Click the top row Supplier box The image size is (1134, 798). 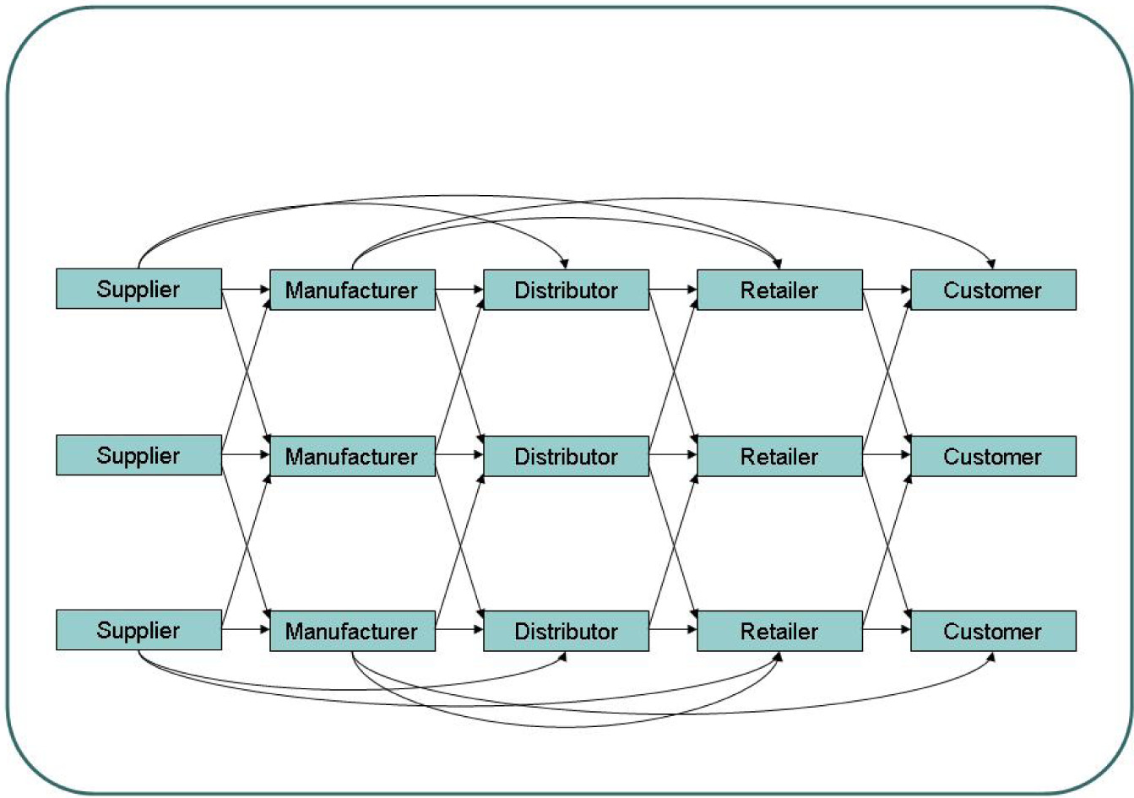(x=138, y=289)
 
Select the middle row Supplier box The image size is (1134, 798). (x=138, y=455)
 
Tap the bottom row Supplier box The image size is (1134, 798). (x=138, y=630)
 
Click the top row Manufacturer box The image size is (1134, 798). (x=352, y=290)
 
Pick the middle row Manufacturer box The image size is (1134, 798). (x=352, y=456)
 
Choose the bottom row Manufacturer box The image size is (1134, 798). (x=352, y=631)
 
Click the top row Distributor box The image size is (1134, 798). (x=566, y=290)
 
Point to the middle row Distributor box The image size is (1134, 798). (x=566, y=456)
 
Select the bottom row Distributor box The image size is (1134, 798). (x=566, y=631)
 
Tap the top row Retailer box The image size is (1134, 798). (x=779, y=290)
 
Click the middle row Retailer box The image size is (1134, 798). (x=779, y=456)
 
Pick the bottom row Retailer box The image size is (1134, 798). (x=779, y=631)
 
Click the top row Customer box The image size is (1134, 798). (x=993, y=290)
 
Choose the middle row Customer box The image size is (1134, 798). (x=993, y=456)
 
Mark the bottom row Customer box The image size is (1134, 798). (x=993, y=631)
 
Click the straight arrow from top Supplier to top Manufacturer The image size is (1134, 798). (x=246, y=290)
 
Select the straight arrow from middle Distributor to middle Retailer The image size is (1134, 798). (x=673, y=456)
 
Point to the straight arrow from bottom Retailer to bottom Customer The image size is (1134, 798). (x=887, y=630)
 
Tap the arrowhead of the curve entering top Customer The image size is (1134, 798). (x=991, y=264)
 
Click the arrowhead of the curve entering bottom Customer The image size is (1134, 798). (x=991, y=656)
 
